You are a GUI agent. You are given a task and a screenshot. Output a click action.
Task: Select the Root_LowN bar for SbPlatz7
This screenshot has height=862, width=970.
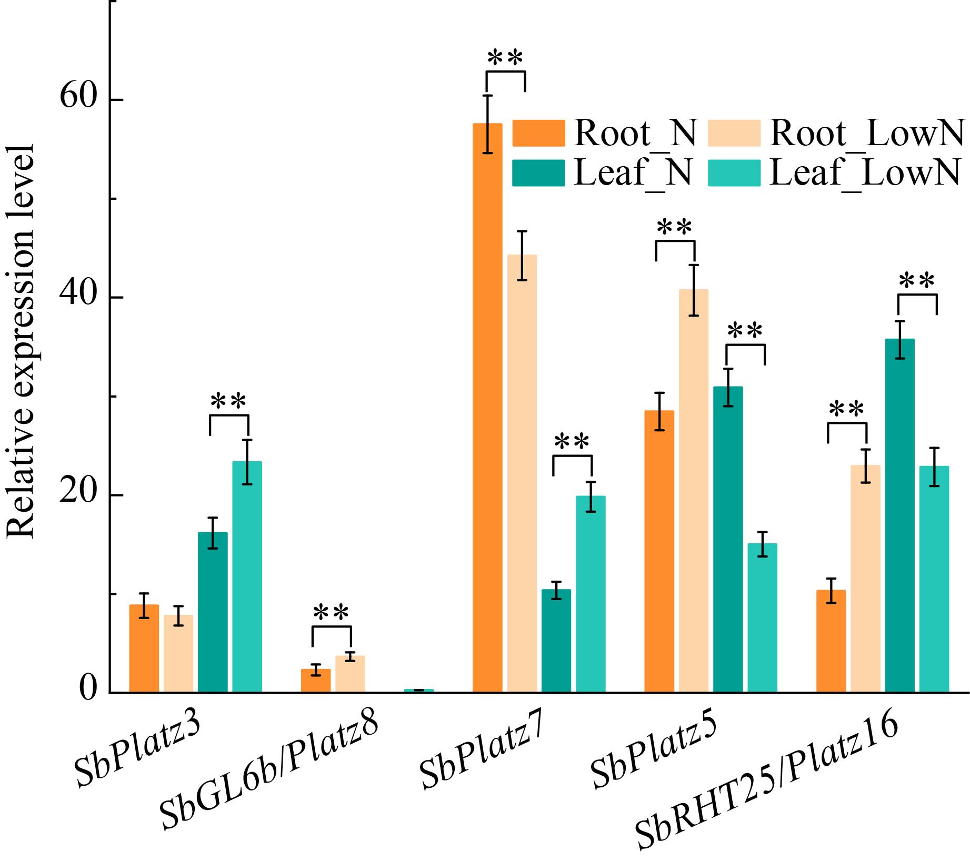coord(522,473)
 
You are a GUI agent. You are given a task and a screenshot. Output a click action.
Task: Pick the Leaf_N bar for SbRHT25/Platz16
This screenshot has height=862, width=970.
coord(900,515)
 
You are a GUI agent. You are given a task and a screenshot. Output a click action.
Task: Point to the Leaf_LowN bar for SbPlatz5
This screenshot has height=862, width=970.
coord(763,618)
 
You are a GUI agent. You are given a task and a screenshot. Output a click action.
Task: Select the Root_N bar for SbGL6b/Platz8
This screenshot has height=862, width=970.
coord(316,681)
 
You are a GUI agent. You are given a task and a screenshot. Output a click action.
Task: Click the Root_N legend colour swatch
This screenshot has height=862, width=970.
coord(538,133)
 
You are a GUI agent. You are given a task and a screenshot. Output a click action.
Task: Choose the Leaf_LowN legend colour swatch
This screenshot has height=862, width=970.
coord(734,173)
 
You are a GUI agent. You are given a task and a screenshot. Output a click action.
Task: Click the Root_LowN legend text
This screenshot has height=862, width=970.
coord(866,133)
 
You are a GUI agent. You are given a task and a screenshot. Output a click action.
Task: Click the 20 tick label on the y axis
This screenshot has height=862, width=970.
coord(79,495)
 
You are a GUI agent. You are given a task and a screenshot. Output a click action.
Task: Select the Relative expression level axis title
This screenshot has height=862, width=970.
coord(21,342)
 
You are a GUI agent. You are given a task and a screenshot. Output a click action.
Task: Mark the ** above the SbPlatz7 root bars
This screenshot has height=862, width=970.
coord(505,58)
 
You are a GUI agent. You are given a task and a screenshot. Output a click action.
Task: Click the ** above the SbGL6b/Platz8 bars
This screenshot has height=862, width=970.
coord(331,613)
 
